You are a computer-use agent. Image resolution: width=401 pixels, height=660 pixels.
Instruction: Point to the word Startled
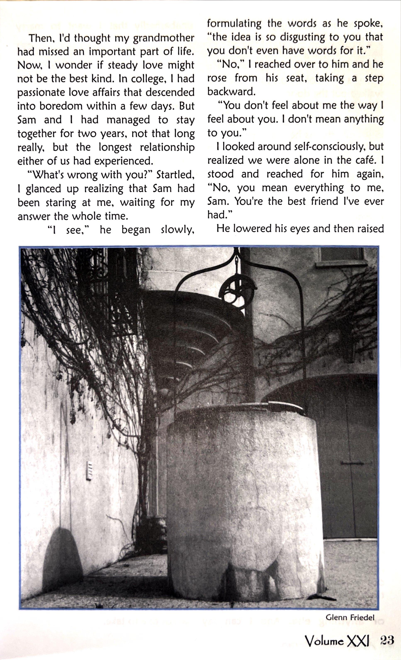coord(175,175)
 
